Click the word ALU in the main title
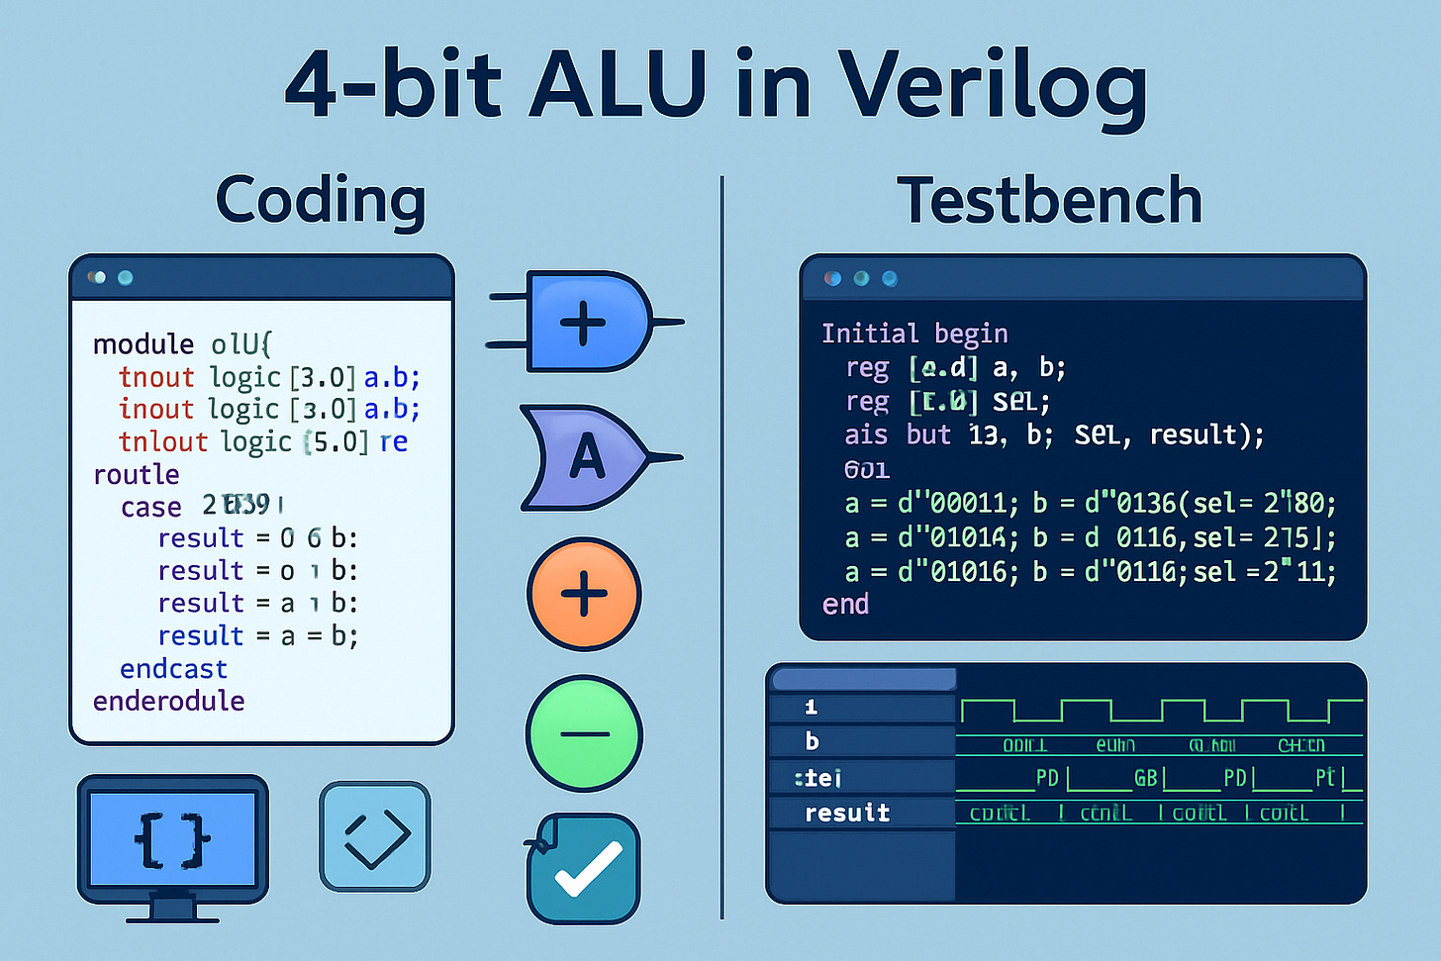(618, 85)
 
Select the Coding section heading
(321, 201)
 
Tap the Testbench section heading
(1049, 201)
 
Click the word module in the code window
(144, 344)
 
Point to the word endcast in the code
(173, 669)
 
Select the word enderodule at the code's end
(168, 702)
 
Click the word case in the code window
(150, 507)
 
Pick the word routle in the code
(136, 475)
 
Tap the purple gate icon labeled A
(586, 457)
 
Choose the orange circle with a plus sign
(584, 594)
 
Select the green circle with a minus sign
(584, 733)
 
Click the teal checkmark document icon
(584, 868)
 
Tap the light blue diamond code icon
(375, 837)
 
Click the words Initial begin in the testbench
(914, 334)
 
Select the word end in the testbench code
(845, 605)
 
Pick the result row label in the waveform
(847, 814)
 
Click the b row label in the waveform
(813, 741)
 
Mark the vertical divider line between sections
(722, 544)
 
